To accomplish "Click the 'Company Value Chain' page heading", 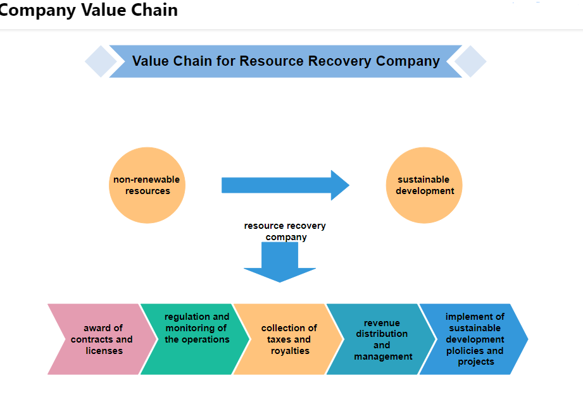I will tap(89, 10).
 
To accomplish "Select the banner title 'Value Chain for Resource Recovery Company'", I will tap(285, 61).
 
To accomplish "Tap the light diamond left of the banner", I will tap(100, 61).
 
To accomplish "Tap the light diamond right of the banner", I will tap(470, 61).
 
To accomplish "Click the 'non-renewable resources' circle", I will tap(147, 185).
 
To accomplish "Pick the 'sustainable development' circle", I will tap(424, 185).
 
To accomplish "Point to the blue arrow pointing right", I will tap(285, 185).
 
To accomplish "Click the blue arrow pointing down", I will tap(280, 262).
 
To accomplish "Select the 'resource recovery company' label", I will tap(285, 231).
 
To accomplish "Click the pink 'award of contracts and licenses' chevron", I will tap(101, 339).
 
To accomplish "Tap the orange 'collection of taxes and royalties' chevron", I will tap(289, 339).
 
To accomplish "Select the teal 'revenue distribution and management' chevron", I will tap(382, 339).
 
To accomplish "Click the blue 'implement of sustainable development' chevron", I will tap(475, 339).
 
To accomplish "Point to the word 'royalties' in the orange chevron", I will tap(290, 351).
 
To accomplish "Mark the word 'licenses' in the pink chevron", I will tap(104, 351).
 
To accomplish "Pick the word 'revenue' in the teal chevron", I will tap(382, 323).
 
